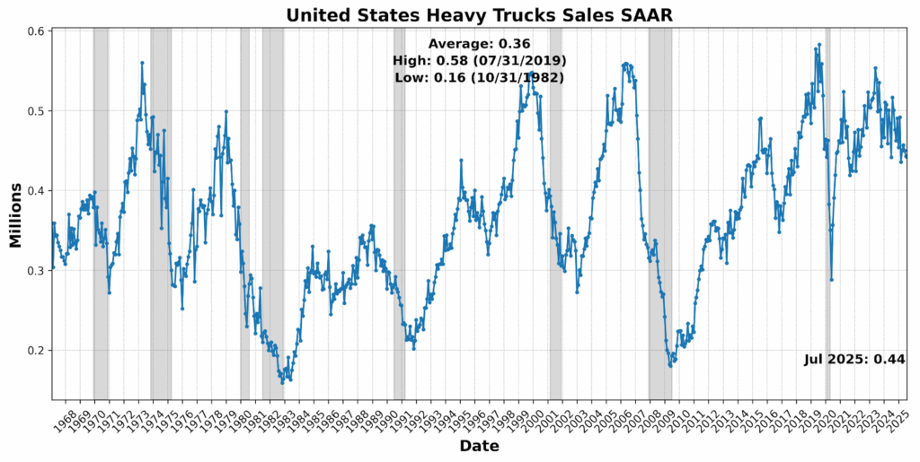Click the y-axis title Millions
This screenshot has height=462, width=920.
(x=15, y=214)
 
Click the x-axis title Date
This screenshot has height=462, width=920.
(x=479, y=446)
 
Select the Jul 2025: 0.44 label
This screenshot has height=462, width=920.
(x=854, y=359)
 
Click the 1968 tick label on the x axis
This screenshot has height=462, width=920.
(x=65, y=418)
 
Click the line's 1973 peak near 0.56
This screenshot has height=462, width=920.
(x=142, y=63)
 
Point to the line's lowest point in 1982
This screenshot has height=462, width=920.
(x=282, y=383)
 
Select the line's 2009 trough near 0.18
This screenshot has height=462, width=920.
(x=670, y=365)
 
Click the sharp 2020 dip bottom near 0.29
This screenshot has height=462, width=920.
(x=832, y=280)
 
